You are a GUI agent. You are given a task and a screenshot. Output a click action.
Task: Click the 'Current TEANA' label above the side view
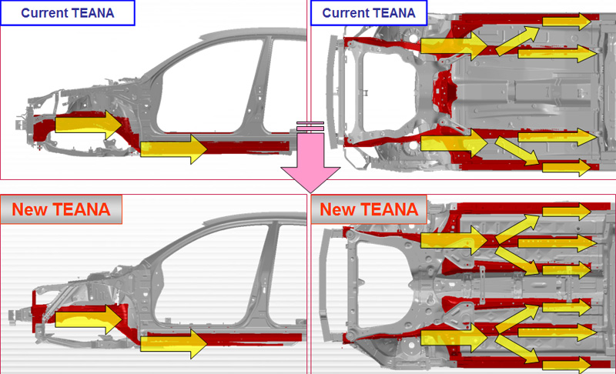pos(68,12)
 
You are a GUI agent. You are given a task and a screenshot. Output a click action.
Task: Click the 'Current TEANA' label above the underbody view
pos(369,12)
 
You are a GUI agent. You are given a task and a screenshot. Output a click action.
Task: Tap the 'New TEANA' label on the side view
pos(61,209)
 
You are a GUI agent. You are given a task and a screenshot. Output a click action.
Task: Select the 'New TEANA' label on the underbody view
pos(368,209)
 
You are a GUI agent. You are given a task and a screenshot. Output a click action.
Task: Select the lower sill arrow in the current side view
pos(174,147)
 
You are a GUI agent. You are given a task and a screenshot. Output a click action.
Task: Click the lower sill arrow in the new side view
pos(174,342)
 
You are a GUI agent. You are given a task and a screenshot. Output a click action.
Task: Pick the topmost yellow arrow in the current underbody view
pos(570,21)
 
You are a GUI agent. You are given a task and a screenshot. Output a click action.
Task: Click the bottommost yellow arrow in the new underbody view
pos(568,362)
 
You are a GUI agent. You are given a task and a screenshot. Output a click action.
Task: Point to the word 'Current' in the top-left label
pos(47,12)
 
